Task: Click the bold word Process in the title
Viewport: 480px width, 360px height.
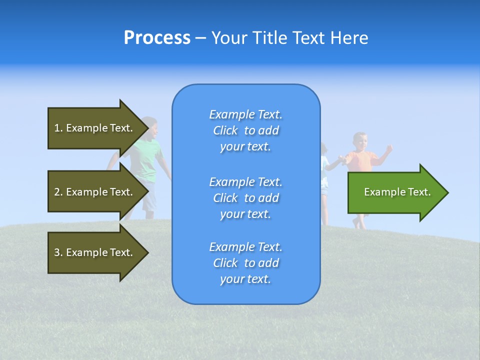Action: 157,38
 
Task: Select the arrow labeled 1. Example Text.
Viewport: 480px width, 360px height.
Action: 95,128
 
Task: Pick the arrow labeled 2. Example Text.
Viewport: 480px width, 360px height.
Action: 95,192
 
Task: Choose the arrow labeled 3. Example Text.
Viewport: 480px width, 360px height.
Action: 95,252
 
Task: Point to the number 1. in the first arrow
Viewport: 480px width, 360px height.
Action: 58,128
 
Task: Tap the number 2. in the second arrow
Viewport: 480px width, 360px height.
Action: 58,192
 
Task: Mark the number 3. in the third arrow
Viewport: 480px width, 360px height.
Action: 58,252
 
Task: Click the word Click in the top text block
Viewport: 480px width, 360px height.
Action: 225,131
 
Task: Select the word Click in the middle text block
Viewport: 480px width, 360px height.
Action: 225,198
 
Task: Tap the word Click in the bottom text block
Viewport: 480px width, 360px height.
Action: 225,263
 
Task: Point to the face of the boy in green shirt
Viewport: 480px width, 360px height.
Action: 151,128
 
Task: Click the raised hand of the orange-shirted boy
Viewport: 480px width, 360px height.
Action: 389,148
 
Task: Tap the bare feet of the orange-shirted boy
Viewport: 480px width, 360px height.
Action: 359,223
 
